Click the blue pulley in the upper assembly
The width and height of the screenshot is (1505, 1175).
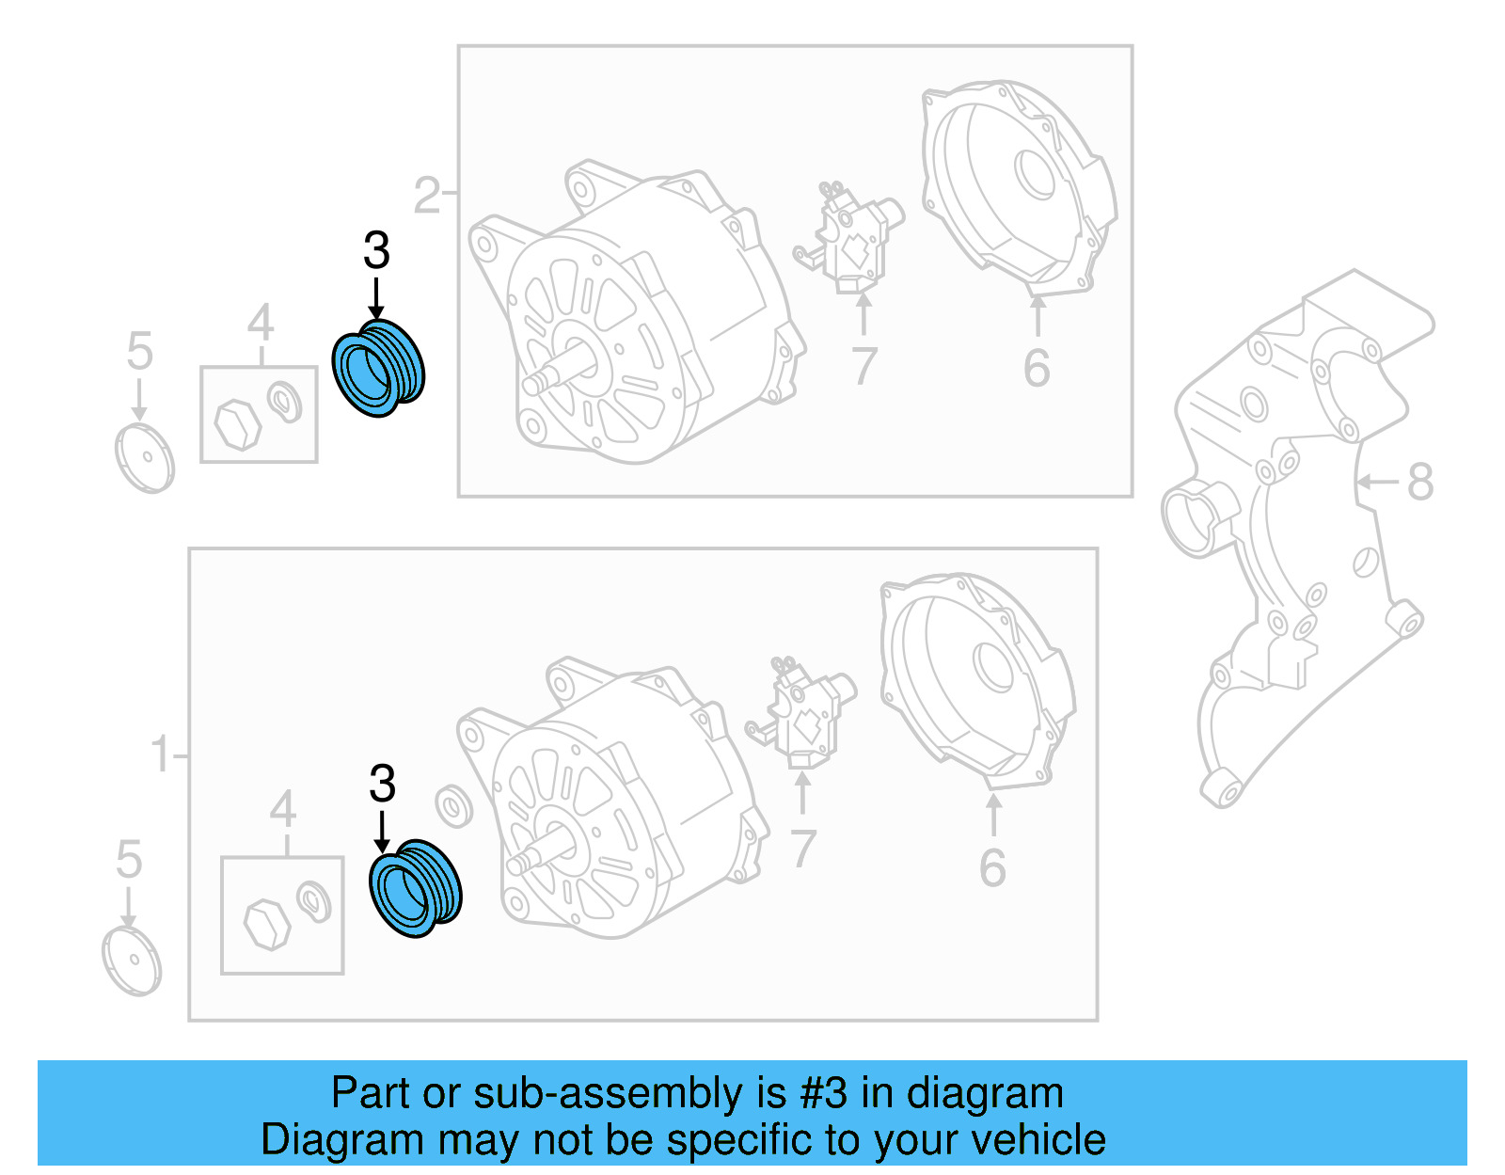pos(379,368)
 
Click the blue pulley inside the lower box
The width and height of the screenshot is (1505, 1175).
pos(415,887)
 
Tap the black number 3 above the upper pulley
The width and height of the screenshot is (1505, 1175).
pos(376,251)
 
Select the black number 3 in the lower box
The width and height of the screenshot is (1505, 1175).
pos(382,784)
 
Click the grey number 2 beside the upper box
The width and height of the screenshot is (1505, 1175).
pos(427,196)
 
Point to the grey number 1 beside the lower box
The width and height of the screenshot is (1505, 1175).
pos(161,754)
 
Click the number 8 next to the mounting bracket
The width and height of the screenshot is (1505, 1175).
pos(1419,482)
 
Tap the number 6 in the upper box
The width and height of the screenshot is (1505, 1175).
pos(1037,368)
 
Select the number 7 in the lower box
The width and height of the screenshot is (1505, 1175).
pos(802,849)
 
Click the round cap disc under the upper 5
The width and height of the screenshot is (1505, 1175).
pos(145,458)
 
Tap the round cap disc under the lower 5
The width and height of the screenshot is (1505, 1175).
pos(132,961)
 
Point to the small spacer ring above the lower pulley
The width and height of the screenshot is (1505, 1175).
pos(454,805)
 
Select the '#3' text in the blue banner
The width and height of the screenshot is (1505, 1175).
pos(824,1093)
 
